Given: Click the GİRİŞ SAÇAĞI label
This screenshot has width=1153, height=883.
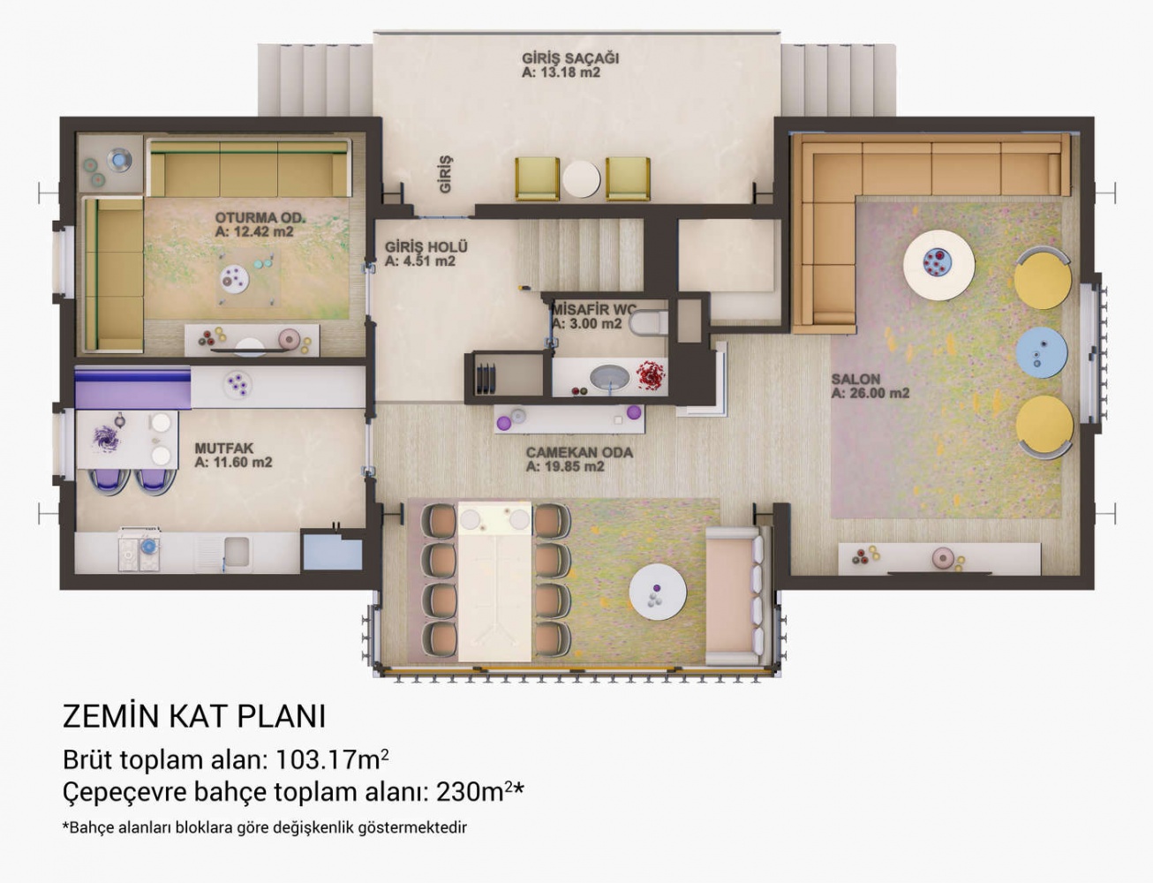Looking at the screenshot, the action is tap(569, 58).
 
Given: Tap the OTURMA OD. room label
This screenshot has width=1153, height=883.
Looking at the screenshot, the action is tap(260, 217).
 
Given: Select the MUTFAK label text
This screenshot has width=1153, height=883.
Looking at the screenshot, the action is tap(224, 449).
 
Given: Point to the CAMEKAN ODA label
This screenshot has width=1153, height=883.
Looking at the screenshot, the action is tap(579, 453).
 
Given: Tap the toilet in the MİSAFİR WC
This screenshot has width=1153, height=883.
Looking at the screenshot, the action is tap(648, 322).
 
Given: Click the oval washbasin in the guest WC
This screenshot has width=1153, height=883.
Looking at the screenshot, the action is tap(610, 377).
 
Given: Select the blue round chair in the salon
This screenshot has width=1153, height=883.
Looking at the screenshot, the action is tap(1041, 352).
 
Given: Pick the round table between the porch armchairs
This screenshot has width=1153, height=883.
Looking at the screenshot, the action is tap(581, 179).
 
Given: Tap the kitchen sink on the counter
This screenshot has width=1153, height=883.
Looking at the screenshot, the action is tap(236, 552).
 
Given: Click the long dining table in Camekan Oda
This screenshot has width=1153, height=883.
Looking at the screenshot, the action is tap(494, 582).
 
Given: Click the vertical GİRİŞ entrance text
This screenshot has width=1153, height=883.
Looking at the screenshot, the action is tap(445, 174).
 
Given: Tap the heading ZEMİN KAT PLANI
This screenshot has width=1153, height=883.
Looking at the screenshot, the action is tap(194, 716).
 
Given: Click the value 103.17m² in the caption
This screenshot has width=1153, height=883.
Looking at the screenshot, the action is tap(332, 759).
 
